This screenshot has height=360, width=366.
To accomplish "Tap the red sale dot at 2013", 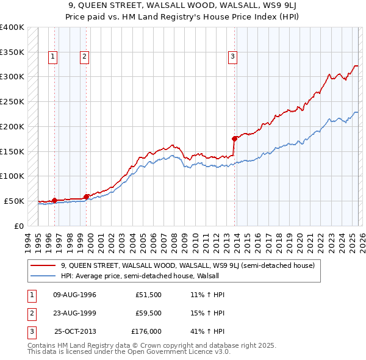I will tap(234, 139).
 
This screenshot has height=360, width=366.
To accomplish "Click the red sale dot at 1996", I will tap(54, 200).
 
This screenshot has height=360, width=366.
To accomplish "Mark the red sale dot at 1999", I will tap(86, 196).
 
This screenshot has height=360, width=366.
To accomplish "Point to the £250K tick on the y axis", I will tap(12, 101).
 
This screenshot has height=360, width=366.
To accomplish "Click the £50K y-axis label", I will tap(14, 201).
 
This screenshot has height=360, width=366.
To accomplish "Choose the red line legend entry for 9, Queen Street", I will tap(187, 265).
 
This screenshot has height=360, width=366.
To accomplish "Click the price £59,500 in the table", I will tap(148, 313).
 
